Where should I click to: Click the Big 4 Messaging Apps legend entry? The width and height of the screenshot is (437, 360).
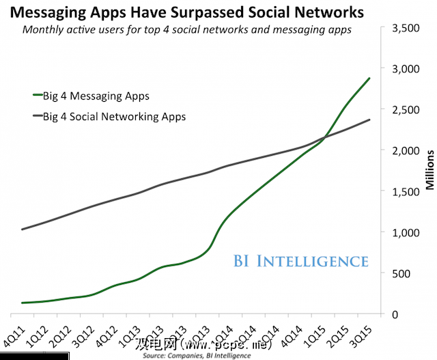pos(96,96)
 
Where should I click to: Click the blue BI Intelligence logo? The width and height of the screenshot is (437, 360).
pos(300,261)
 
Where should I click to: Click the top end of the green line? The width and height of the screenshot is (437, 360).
pos(370,78)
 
